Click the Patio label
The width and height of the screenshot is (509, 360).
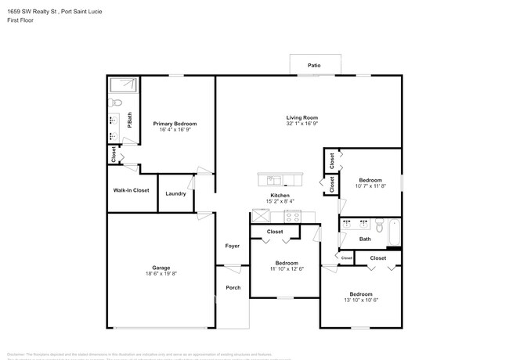[x=314, y=66]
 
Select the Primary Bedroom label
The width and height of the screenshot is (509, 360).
[x=175, y=124]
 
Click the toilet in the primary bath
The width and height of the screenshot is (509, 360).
[x=116, y=102]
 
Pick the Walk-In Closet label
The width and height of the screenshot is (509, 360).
[x=131, y=190]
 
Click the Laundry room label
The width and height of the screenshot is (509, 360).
[x=175, y=193]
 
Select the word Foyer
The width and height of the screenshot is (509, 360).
[x=233, y=246]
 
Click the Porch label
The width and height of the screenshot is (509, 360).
[x=233, y=287]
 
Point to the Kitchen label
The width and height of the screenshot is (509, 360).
[x=280, y=195]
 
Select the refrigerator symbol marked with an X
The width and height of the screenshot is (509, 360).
[x=260, y=217]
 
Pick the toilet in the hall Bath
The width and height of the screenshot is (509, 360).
[x=377, y=228]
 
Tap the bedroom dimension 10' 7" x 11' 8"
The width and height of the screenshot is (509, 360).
[x=370, y=186]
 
